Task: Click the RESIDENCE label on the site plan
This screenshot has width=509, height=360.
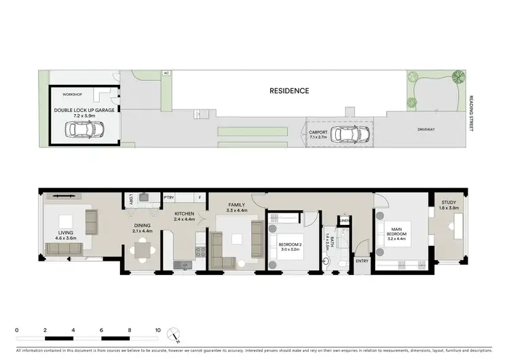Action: click(289, 90)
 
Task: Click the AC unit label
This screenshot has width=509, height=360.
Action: click(165, 73)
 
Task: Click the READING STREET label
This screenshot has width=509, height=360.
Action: click(472, 107)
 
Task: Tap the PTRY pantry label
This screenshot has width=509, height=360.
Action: click(170, 198)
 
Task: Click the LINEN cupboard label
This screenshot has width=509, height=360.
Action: click(345, 221)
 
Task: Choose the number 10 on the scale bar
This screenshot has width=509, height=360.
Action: click(157, 330)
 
